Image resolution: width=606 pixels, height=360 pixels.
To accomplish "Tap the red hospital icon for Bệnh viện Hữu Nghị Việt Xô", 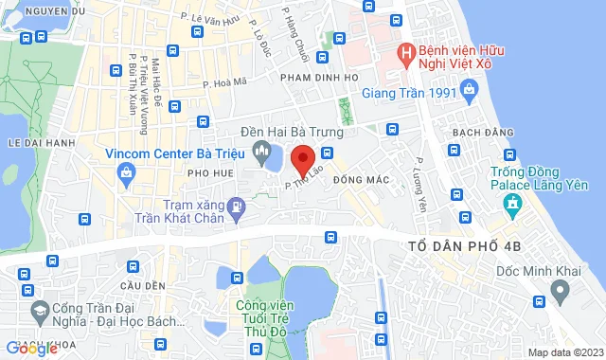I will click(x=406, y=53).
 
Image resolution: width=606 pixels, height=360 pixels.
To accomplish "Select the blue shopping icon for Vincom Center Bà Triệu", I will click(x=126, y=173).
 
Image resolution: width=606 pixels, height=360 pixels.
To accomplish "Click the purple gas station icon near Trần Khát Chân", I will click(x=237, y=204).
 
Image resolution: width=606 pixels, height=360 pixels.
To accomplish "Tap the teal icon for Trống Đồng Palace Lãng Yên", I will click(x=512, y=203).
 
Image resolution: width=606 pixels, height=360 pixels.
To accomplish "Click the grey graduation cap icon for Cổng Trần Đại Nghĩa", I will click(x=41, y=310).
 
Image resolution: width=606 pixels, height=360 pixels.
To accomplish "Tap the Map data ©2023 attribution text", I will click(x=564, y=352).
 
